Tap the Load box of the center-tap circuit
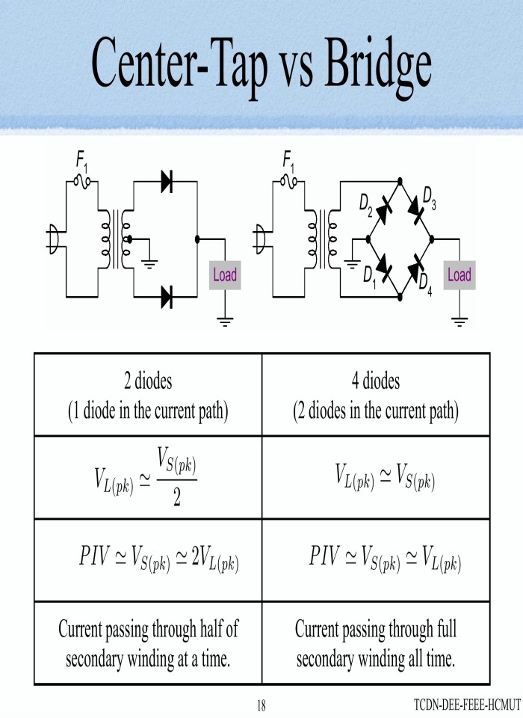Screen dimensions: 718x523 click(x=224, y=274)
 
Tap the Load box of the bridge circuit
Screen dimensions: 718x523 click(x=459, y=274)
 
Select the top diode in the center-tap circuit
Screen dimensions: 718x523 click(x=167, y=181)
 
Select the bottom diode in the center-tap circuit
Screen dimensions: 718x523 click(x=167, y=297)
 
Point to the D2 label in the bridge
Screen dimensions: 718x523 click(x=366, y=202)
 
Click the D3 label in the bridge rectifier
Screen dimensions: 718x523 click(x=430, y=195)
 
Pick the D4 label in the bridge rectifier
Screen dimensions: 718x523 click(x=425, y=282)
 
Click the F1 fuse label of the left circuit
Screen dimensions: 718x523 click(x=81, y=159)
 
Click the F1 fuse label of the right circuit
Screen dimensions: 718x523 click(x=288, y=159)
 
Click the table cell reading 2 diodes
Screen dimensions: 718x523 click(x=148, y=395)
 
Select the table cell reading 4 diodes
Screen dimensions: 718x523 click(x=376, y=395)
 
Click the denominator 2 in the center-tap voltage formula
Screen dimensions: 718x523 click(x=177, y=499)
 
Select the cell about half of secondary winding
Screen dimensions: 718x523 click(x=148, y=643)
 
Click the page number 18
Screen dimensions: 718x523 click(x=261, y=705)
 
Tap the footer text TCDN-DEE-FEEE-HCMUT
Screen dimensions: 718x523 click(x=466, y=705)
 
